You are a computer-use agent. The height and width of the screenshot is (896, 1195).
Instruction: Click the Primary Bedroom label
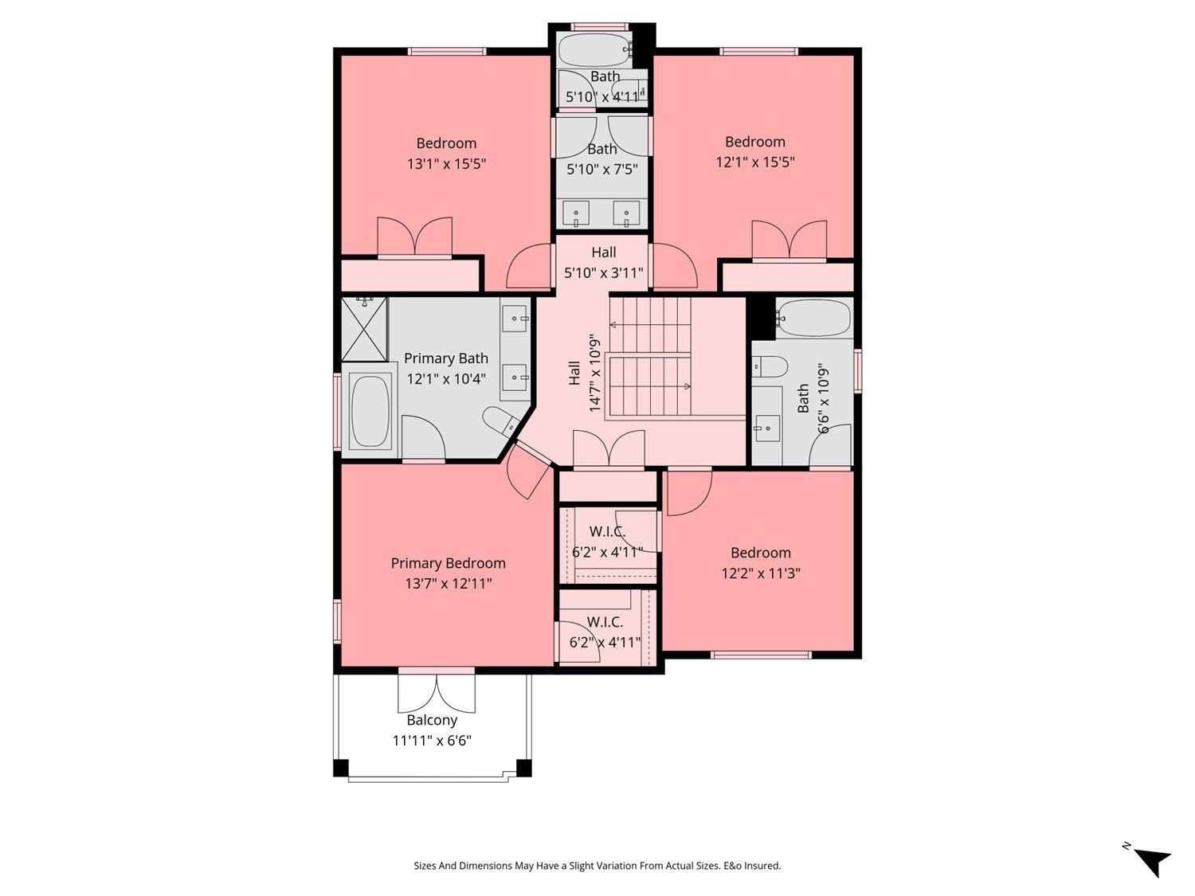click(448, 564)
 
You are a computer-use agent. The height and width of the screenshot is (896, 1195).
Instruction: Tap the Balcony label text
click(432, 720)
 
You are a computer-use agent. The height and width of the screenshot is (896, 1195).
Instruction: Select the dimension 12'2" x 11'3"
click(761, 573)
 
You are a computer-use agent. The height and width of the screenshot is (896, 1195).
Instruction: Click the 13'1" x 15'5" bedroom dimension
click(446, 164)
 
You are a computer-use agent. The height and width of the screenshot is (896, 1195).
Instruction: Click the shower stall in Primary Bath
click(364, 329)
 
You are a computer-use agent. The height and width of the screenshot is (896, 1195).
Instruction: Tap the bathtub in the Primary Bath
click(370, 410)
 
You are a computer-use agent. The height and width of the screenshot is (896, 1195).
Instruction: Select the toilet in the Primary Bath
click(502, 421)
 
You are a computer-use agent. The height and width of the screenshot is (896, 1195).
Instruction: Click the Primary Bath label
click(446, 358)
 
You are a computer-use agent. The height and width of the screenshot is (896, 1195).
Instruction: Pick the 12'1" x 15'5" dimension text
click(755, 162)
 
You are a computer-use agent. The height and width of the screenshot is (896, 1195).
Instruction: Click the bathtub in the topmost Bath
click(596, 50)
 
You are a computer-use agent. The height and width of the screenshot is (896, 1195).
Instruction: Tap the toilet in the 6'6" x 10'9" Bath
click(770, 367)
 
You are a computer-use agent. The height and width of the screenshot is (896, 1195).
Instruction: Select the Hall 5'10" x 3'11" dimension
click(604, 272)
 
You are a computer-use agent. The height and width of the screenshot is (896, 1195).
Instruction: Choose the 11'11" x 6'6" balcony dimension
click(432, 741)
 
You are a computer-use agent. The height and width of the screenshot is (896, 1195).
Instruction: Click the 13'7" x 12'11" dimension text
click(448, 584)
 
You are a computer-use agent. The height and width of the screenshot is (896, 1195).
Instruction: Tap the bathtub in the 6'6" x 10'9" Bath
click(813, 319)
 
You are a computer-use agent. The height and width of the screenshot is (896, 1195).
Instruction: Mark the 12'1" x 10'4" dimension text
click(446, 378)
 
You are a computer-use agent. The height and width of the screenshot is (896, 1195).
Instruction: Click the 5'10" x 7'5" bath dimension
click(602, 169)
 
